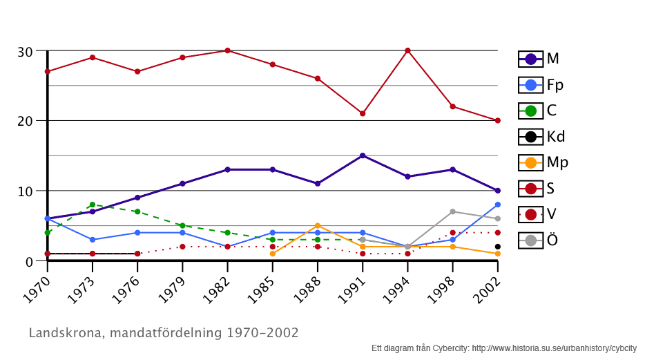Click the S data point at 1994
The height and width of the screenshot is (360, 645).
407,50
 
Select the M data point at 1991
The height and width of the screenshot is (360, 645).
363,155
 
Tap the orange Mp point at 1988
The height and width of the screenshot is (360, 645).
318,225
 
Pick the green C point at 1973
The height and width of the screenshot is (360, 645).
93,205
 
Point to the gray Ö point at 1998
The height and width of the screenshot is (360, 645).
452,211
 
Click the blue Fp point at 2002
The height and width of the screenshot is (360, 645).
497,205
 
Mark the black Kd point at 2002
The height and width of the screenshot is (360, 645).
497,247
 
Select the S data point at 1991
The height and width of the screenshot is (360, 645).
363,113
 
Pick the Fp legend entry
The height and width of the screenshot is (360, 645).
541,85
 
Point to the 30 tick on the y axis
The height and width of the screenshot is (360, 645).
26,51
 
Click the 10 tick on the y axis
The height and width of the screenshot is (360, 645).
26,191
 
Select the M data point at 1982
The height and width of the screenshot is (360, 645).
227,169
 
